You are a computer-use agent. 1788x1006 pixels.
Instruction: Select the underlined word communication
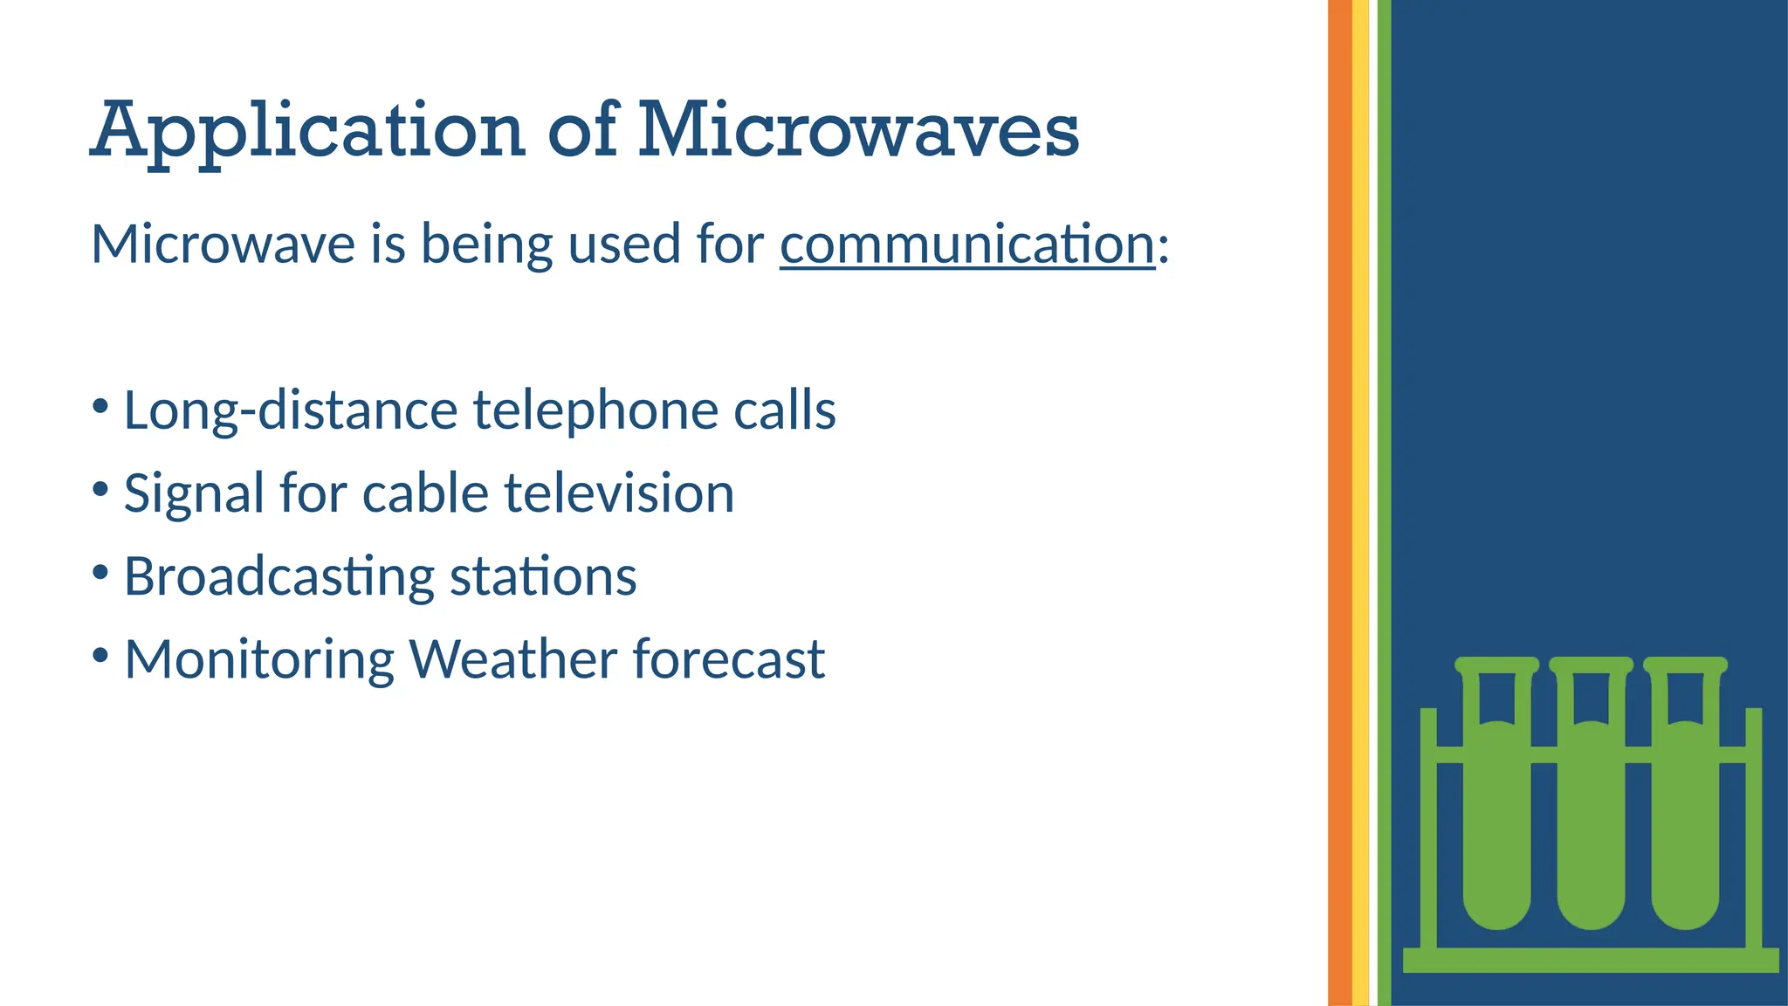(x=967, y=244)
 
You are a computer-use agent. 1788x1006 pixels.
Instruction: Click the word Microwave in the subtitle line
(x=223, y=244)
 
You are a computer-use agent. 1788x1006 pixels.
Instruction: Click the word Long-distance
(x=291, y=410)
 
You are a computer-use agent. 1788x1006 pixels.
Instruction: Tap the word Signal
(x=194, y=493)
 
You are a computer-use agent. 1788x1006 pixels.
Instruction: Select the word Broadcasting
(x=279, y=577)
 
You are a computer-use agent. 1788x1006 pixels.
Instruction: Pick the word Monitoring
(x=259, y=659)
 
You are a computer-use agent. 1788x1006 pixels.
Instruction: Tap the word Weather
(x=513, y=659)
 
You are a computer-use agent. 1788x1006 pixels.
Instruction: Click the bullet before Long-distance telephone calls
(x=100, y=407)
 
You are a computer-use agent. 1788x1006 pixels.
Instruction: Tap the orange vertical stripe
(x=1339, y=503)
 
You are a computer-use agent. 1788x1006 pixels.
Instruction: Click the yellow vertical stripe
(x=1360, y=503)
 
